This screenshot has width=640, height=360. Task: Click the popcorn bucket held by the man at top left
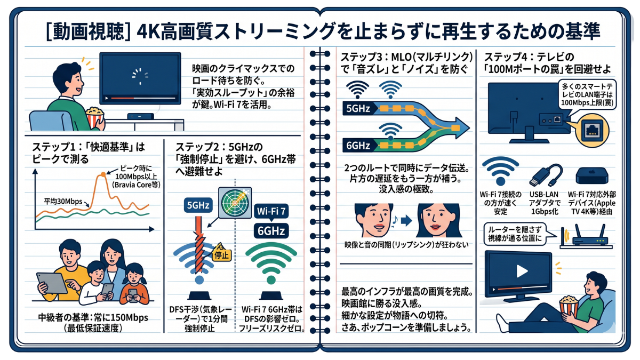click(x=95, y=117)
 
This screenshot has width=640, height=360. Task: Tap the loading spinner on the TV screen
click(x=140, y=76)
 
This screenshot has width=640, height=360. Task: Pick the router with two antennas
click(x=588, y=238)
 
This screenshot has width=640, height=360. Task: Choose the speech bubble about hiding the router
click(x=514, y=234)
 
